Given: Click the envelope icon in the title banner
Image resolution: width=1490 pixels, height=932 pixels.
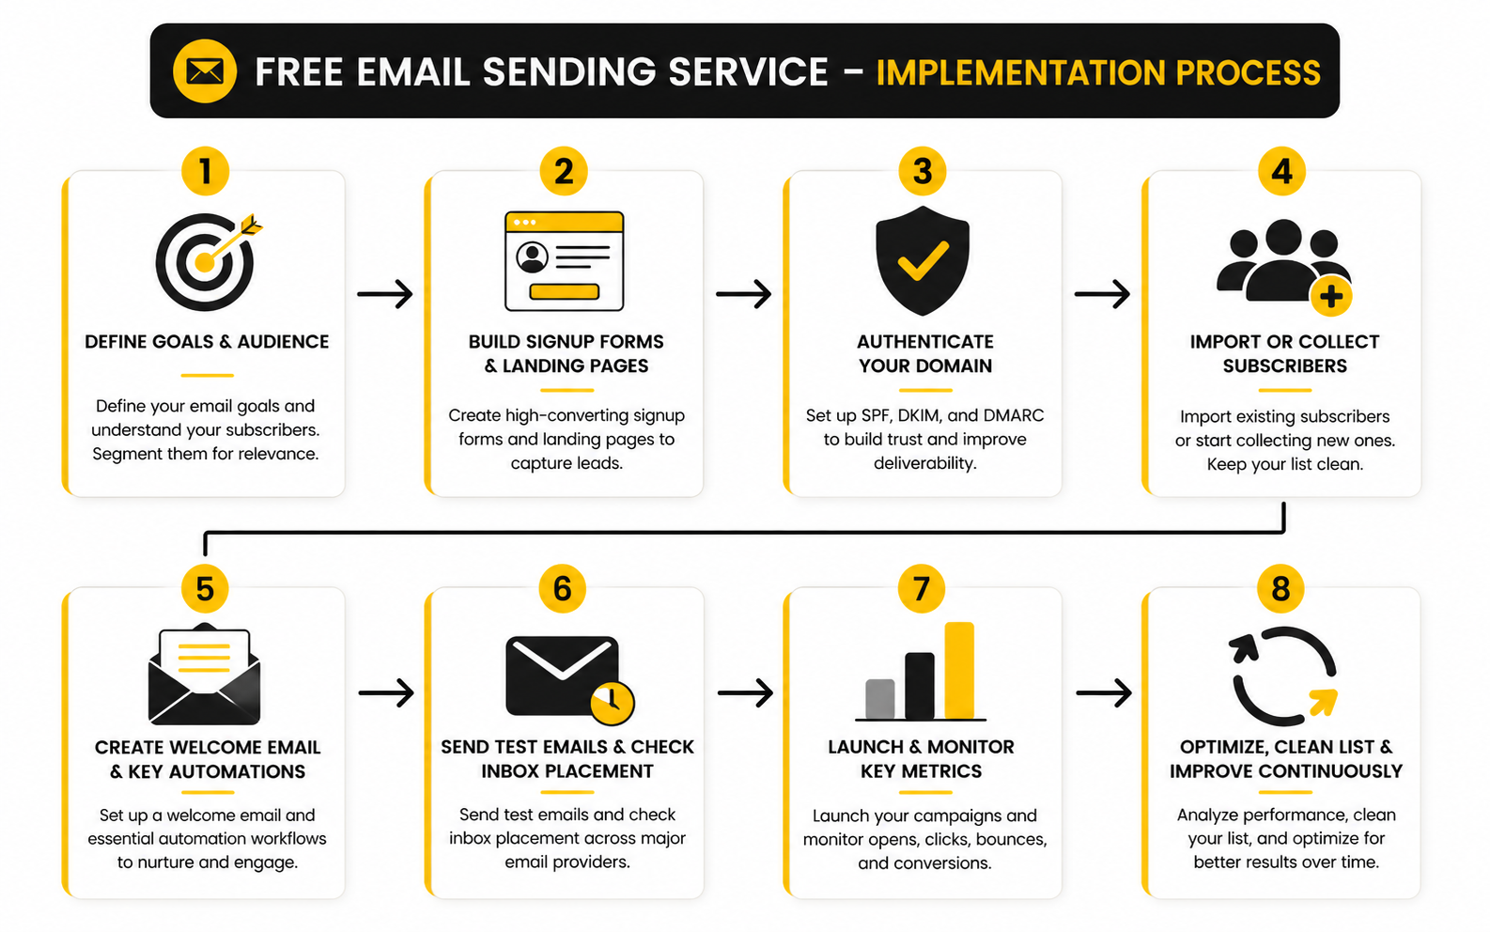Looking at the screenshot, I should click(205, 71).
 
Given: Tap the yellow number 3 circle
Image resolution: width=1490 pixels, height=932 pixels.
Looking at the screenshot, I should click(923, 171).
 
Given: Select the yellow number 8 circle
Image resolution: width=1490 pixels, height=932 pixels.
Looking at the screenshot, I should click(1280, 589).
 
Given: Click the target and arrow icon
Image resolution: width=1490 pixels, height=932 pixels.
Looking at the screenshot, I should click(206, 262).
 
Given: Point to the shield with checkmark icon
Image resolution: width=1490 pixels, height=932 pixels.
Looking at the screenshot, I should click(923, 260).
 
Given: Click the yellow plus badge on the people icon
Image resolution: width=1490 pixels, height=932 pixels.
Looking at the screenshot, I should click(1330, 297).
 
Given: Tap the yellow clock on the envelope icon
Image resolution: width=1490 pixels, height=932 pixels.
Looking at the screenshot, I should click(612, 701).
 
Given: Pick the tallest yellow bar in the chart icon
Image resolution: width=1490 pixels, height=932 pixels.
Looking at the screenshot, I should click(959, 670).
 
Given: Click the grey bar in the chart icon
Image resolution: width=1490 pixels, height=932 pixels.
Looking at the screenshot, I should click(879, 698).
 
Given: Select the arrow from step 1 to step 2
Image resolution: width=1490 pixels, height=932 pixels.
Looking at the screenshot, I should click(385, 294).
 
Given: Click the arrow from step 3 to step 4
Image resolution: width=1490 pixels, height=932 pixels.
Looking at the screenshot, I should click(1102, 294).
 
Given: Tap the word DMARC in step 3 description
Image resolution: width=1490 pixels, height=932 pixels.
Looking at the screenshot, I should click(1014, 415).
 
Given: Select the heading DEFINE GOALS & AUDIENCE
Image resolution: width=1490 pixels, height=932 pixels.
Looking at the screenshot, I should click(207, 342).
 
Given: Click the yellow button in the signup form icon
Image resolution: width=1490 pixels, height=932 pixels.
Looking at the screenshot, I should click(564, 291).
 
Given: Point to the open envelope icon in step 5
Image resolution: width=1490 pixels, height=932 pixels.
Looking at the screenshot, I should click(205, 675).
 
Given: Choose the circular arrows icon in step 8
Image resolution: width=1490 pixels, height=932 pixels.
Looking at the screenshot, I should click(1283, 676).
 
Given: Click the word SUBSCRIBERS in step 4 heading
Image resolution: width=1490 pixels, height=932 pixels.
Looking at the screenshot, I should click(1284, 366).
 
